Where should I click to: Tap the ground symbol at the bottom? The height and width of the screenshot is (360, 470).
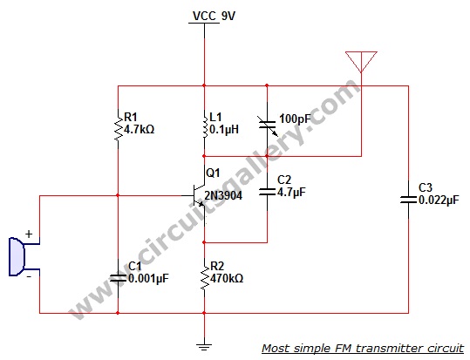204,347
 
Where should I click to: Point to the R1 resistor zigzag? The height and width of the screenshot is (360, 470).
118,127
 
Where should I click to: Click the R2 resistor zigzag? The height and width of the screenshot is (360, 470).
204,276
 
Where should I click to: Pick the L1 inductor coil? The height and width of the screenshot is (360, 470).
205,126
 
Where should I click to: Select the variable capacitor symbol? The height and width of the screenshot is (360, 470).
268,125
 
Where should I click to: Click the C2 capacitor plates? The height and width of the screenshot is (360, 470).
267,192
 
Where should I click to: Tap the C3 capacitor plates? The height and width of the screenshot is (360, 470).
408,200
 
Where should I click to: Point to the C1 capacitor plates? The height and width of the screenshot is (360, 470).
118,278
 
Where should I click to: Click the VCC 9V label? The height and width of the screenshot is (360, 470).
214,16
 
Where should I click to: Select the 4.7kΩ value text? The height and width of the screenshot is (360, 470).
140,130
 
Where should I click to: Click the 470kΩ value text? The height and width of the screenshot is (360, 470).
227,278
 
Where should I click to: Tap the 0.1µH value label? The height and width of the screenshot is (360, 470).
224,130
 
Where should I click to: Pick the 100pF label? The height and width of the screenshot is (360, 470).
295,119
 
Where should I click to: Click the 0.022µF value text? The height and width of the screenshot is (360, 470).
439,200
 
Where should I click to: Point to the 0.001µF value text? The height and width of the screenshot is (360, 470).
148,278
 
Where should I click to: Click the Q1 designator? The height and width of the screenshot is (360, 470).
213,173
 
